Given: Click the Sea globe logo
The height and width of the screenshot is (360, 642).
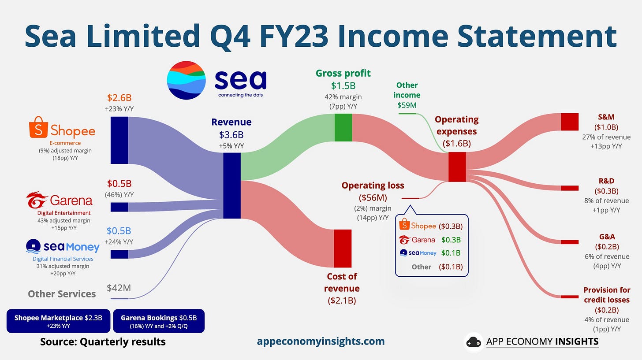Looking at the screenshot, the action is (x=186, y=80).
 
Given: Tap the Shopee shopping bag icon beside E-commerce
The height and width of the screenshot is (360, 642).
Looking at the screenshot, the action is (x=38, y=127).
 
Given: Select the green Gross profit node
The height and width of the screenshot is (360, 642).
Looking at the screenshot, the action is (x=343, y=127).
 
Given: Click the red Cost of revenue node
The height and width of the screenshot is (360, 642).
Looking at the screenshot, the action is (x=343, y=249).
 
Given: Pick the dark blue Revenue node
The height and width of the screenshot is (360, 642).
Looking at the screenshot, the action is (x=232, y=186).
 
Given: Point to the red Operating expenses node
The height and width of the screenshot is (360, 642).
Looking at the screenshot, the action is (x=457, y=167).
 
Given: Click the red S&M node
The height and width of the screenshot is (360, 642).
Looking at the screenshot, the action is (x=570, y=122).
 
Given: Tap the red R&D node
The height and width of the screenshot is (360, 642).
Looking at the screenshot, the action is (x=570, y=188).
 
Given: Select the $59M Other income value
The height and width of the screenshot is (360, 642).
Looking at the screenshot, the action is (x=407, y=105).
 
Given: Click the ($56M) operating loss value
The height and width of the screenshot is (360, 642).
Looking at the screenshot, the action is (x=373, y=197).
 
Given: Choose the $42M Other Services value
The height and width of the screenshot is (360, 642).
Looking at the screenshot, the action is (x=119, y=288).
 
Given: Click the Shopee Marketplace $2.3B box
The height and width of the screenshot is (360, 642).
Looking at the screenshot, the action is (x=59, y=321).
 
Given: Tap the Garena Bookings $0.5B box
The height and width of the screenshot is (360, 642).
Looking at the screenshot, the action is (x=159, y=321).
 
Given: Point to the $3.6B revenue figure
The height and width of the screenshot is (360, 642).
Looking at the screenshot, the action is (x=231, y=134).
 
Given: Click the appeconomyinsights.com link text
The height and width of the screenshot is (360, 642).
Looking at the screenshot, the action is (x=321, y=341).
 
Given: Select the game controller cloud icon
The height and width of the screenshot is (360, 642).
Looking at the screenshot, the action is (x=474, y=341).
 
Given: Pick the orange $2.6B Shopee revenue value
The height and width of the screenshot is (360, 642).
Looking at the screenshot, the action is (x=119, y=98).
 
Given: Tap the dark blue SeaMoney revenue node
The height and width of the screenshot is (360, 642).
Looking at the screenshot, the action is (x=119, y=254).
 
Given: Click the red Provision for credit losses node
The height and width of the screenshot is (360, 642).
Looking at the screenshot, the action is (x=570, y=297).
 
